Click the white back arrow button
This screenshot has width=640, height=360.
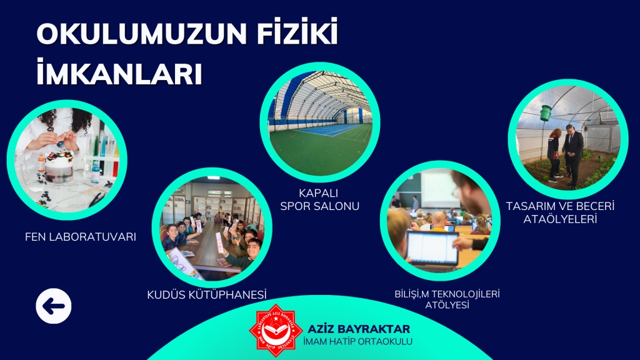pos(54,306)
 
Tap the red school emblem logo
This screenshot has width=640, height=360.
pos(276,330)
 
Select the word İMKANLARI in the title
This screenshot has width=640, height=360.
pos(119,72)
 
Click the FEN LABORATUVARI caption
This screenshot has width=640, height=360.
pos(81,237)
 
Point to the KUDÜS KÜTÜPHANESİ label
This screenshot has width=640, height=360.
pos(206,294)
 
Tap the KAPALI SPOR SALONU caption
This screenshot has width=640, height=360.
pos(319,199)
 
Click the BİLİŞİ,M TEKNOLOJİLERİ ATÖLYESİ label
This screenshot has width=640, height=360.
pos(447,299)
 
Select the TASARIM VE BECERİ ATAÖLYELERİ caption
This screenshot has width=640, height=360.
pos(560,212)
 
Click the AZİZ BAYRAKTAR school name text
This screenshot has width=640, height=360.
pos(359,329)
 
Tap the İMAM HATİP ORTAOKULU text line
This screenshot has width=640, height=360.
pos(358,342)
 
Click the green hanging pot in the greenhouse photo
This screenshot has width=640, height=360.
pos(545,112)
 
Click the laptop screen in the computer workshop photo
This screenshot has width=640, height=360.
pos(432,247)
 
